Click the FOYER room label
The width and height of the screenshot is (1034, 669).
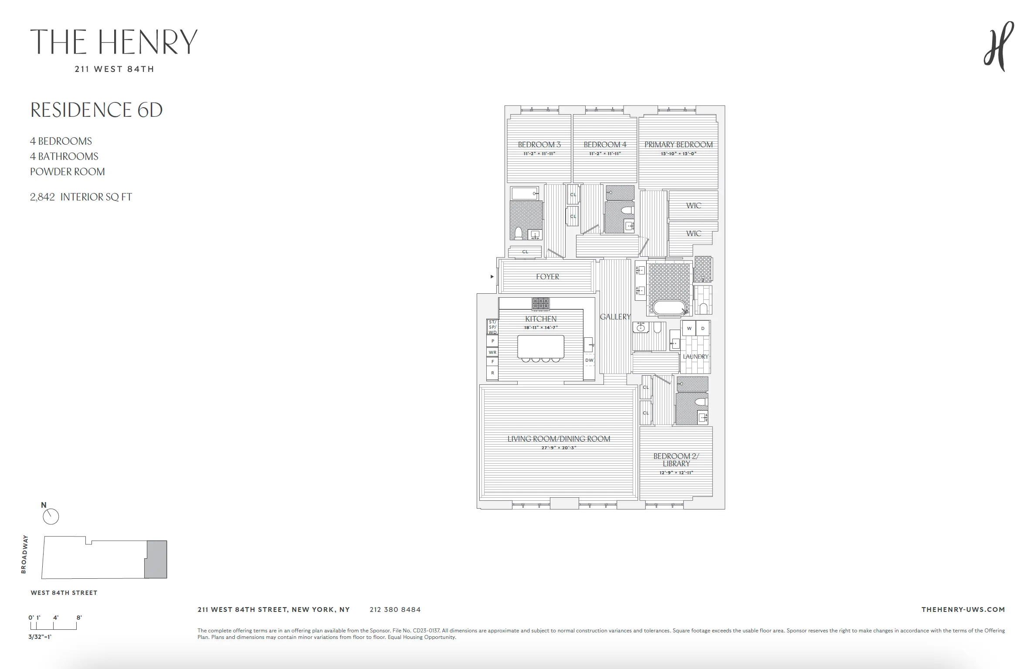click(547, 277)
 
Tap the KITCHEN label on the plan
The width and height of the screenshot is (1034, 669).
click(541, 319)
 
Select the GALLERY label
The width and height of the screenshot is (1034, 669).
click(615, 317)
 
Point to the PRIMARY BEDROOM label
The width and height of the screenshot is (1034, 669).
click(678, 145)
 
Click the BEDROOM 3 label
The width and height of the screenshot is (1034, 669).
click(539, 145)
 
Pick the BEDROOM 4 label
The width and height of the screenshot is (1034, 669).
click(605, 145)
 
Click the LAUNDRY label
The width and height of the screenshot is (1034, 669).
click(695, 357)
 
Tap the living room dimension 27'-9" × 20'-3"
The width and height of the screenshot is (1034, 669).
click(559, 448)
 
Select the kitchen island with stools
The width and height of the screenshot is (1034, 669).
click(541, 347)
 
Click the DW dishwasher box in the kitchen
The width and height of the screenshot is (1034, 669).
click(589, 360)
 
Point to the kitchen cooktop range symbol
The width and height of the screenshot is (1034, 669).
click(541, 303)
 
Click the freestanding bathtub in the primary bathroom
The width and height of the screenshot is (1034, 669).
click(670, 308)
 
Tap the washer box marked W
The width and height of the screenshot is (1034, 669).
click(689, 328)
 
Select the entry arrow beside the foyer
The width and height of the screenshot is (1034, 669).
click(492, 276)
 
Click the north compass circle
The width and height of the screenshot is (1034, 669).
click(51, 517)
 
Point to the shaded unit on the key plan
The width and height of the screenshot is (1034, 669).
click(156, 559)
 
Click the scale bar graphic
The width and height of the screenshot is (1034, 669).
click(53, 626)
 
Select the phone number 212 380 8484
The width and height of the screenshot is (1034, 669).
click(395, 610)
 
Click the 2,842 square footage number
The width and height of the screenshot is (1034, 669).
click(42, 197)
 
